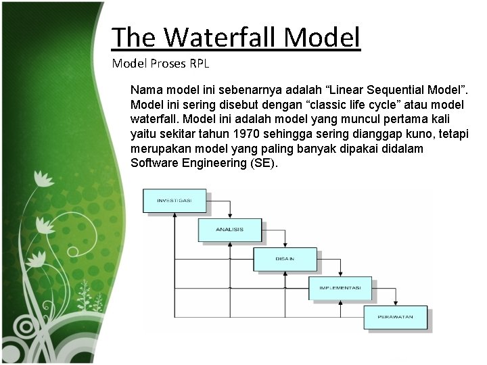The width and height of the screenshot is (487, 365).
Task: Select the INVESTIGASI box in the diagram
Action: (175, 201)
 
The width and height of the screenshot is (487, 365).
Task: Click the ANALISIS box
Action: (229, 230)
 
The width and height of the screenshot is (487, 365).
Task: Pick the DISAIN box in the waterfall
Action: (285, 259)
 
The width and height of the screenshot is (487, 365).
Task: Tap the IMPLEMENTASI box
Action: (340, 288)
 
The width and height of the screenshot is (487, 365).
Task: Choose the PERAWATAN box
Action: (396, 317)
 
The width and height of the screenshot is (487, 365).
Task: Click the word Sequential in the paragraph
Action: (362, 89)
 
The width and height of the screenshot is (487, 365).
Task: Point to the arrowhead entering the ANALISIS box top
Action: (229, 216)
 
